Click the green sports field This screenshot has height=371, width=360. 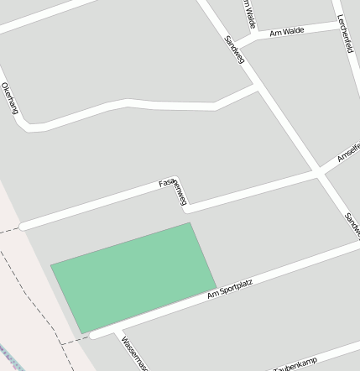click(x=133, y=276)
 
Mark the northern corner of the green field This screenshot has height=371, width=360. click(x=190, y=223)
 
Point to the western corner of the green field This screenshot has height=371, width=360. click(x=51, y=264)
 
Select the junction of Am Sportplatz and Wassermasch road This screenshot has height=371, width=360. click(x=118, y=330)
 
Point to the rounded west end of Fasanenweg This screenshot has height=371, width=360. click(x=23, y=226)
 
